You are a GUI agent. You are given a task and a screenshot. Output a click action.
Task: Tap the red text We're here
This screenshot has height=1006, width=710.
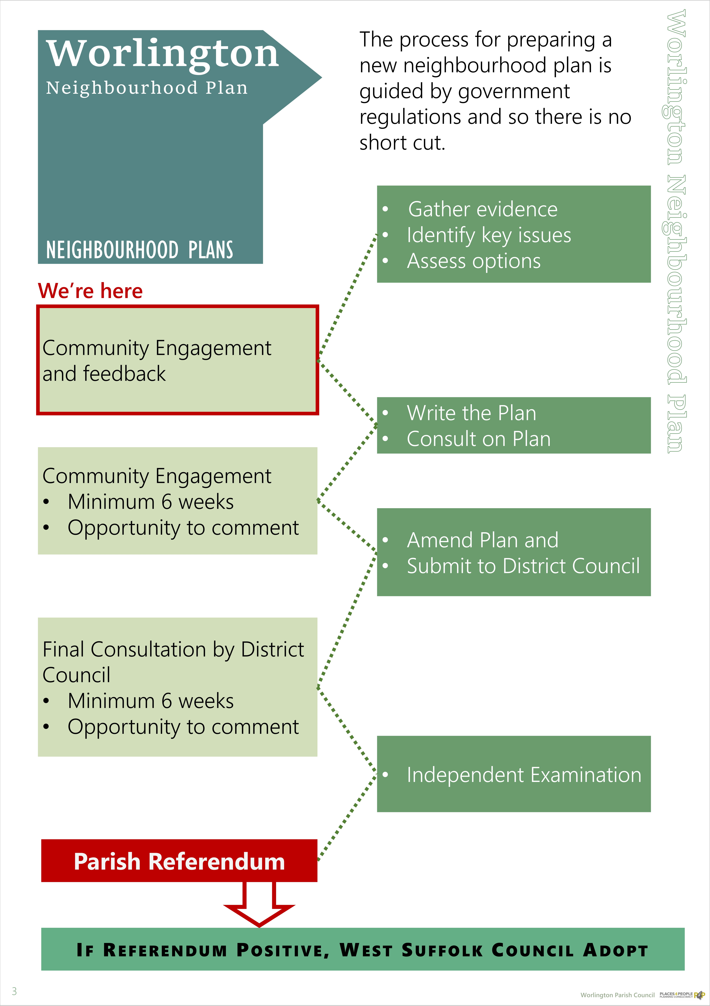[90, 291]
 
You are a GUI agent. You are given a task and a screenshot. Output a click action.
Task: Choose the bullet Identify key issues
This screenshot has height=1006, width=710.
[489, 235]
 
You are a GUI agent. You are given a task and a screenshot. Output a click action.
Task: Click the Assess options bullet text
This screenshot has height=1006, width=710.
[474, 261]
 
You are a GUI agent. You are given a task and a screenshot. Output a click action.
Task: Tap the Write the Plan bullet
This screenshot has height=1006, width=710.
[471, 413]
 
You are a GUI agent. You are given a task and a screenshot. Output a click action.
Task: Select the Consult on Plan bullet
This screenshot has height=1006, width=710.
[478, 439]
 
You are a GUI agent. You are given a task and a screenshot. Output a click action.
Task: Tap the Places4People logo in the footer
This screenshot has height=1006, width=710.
[682, 995]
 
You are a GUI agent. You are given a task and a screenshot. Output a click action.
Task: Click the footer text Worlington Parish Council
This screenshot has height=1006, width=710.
[617, 995]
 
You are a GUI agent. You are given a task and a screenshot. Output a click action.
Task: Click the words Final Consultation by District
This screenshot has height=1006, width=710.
[173, 649]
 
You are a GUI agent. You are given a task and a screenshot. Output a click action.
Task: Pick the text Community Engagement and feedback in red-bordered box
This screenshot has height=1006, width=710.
[157, 361]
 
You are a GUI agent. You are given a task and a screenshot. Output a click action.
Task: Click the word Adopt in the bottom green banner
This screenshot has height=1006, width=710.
[615, 950]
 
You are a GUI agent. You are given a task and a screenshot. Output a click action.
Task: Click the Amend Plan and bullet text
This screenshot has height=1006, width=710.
[482, 540]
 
